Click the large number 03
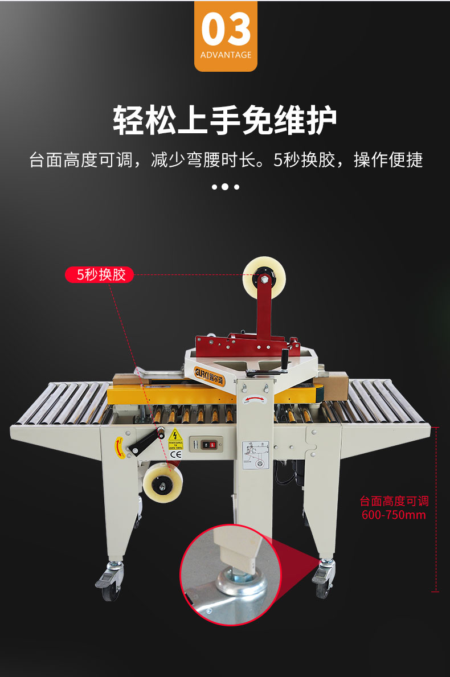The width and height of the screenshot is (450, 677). point(226,30)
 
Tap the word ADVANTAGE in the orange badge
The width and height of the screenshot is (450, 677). point(226,55)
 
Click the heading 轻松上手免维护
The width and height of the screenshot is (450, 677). point(225,120)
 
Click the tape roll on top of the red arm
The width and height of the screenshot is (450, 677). point(264,277)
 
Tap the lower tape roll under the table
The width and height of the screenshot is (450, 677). point(162,483)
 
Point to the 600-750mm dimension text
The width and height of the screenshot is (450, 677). point(394,515)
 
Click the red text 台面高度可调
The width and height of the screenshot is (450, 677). point(394,502)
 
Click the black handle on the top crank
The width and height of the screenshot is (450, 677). point(285,360)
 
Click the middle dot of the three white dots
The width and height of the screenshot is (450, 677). point(225,187)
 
